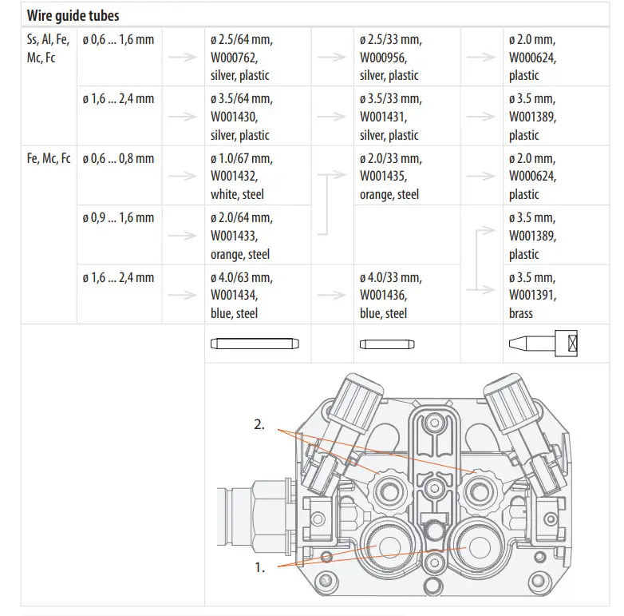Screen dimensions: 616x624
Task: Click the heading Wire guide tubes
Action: [73, 15]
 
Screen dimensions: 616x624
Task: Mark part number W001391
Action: [532, 296]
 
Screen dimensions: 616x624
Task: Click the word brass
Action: [521, 314]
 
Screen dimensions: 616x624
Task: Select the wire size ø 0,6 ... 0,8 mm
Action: [118, 158]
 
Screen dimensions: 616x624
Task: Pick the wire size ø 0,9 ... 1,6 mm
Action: [118, 218]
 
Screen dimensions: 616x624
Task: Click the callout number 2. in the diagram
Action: [259, 425]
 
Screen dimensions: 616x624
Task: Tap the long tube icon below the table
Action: [254, 344]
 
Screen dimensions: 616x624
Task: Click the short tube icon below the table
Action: [386, 344]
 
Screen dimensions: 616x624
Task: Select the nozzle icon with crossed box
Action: [542, 344]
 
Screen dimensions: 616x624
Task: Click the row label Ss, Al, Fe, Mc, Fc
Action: [48, 49]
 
